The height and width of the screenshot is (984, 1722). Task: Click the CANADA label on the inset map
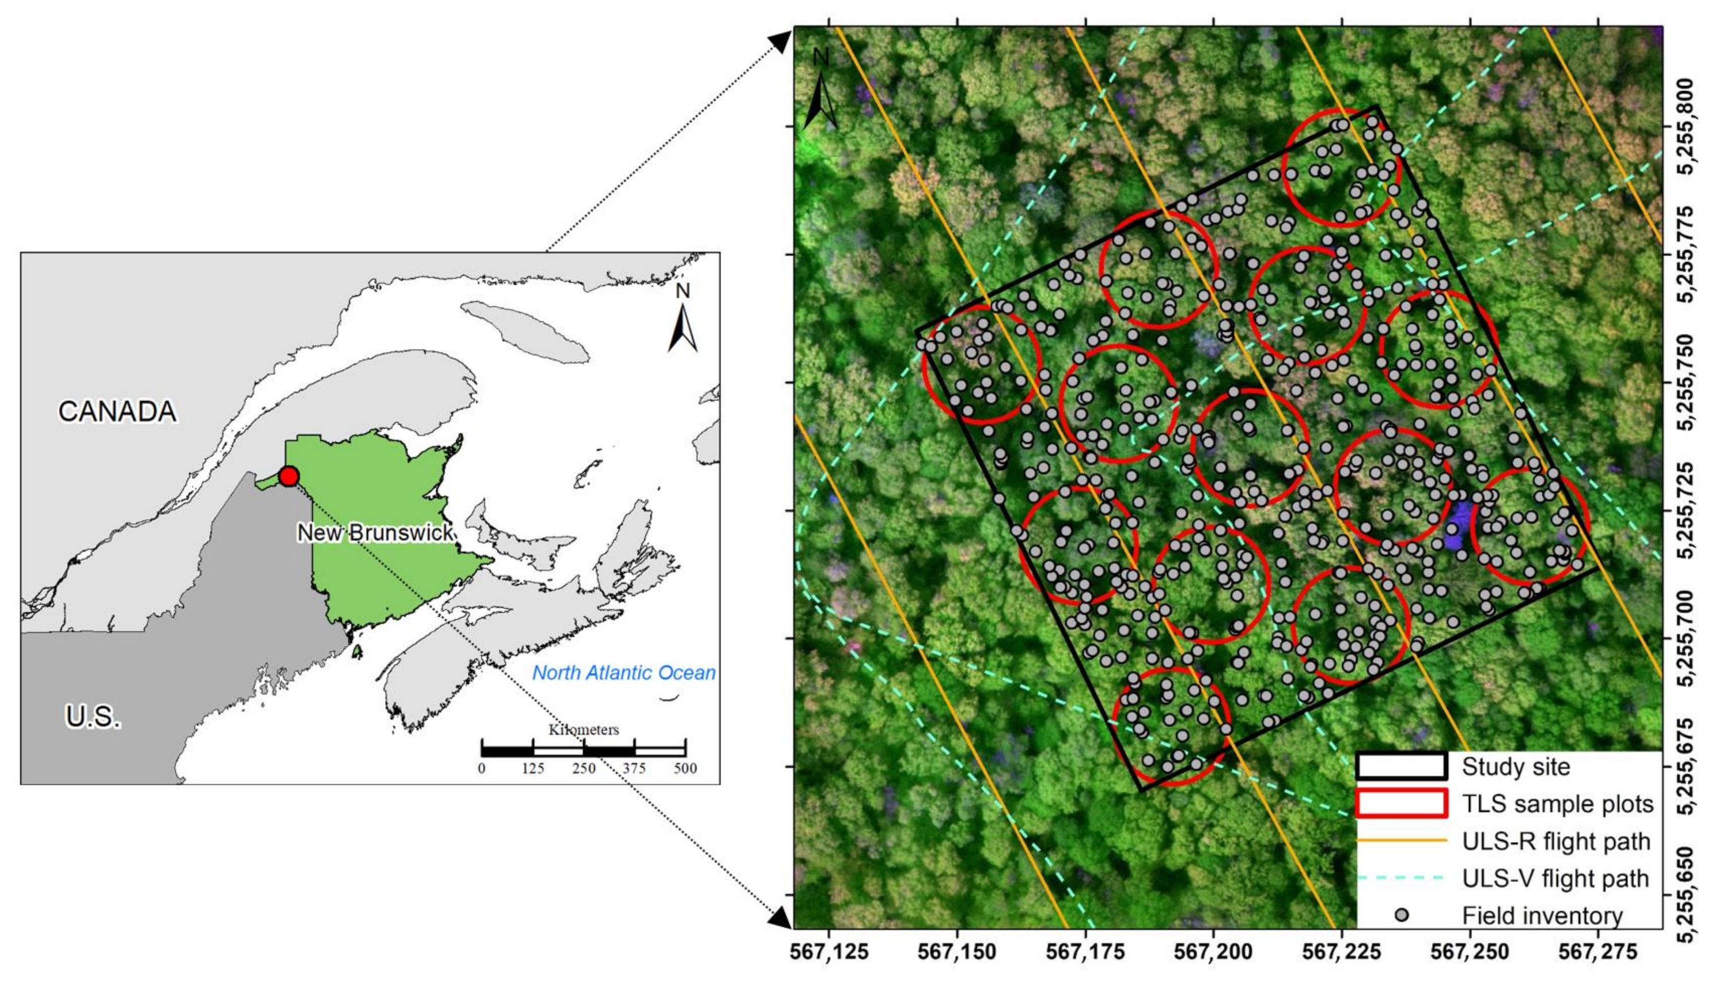[x=117, y=411]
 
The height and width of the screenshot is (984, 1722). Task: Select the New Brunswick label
[x=375, y=532]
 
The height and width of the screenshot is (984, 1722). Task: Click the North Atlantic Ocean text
[x=623, y=672]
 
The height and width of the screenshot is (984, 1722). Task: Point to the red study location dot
[x=289, y=476]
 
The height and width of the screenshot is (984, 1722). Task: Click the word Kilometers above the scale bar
[x=583, y=730]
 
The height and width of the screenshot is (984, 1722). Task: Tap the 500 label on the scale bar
[x=685, y=768]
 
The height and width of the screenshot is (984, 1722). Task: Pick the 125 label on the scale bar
[x=533, y=768]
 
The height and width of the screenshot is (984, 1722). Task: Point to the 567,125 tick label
[x=829, y=952]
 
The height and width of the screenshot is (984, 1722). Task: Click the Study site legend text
[x=1516, y=767]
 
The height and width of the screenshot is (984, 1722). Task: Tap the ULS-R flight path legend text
[x=1556, y=841]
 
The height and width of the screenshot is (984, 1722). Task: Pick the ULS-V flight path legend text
[x=1556, y=878]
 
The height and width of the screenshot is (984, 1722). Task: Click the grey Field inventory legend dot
[x=1402, y=915]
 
